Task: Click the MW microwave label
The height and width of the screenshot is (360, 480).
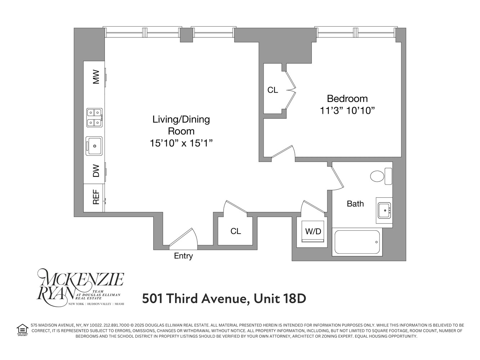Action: (x=96, y=77)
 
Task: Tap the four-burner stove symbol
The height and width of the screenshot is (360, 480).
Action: (x=94, y=118)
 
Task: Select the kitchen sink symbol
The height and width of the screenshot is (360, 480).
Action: (x=94, y=146)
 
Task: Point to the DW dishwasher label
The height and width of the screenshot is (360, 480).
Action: (x=96, y=171)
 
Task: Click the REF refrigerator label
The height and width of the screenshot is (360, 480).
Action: (x=96, y=198)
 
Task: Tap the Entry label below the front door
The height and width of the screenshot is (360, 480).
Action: (x=183, y=256)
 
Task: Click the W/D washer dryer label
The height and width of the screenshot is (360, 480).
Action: (x=313, y=231)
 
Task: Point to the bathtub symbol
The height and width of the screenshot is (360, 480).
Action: (x=357, y=242)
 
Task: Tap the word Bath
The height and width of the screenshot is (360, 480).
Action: (x=355, y=204)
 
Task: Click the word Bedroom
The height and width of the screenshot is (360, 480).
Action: (x=347, y=99)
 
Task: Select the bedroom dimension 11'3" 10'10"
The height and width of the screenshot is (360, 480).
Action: (x=347, y=111)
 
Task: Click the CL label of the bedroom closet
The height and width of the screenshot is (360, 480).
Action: (x=273, y=90)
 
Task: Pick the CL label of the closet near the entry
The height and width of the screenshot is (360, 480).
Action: (x=235, y=231)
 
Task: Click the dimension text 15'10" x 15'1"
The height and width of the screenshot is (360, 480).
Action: (x=181, y=143)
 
